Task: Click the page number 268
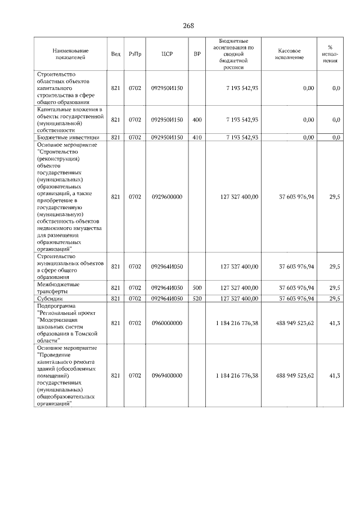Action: pyautogui.click(x=188, y=26)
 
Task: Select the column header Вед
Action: pyautogui.click(x=115, y=54)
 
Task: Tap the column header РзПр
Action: pyautogui.click(x=134, y=54)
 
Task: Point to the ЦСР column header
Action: pyautogui.click(x=166, y=54)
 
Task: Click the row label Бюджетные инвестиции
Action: pyautogui.click(x=68, y=137)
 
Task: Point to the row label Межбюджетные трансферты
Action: pyautogui.click(x=60, y=288)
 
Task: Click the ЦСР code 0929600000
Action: pyautogui.click(x=166, y=197)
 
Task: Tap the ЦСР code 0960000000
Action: pyautogui.click(x=166, y=323)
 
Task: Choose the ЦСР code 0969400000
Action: pyautogui.click(x=166, y=376)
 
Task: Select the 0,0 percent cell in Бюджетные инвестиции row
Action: pyautogui.click(x=336, y=137)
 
